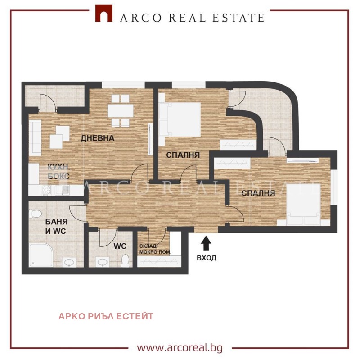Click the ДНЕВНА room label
click(x=98, y=138)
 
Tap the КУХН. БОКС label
click(x=58, y=172)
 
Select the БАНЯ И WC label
click(x=56, y=227)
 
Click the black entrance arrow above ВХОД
click(x=206, y=243)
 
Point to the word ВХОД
click(x=207, y=258)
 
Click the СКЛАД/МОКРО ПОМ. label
click(x=155, y=249)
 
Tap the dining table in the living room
click(x=121, y=110)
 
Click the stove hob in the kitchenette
click(x=47, y=190)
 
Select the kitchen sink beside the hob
click(x=62, y=190)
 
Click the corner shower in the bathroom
click(x=41, y=255)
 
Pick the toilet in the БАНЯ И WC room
click(x=35, y=214)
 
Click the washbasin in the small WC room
click(x=102, y=262)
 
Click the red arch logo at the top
click(x=104, y=14)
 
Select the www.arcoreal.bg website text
click(x=180, y=347)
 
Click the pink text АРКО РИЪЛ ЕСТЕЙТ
click(x=106, y=316)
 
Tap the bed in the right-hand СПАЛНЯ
click(x=303, y=205)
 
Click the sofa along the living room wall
click(x=35, y=137)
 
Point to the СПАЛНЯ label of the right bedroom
click(x=258, y=193)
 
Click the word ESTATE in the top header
click(x=238, y=18)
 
